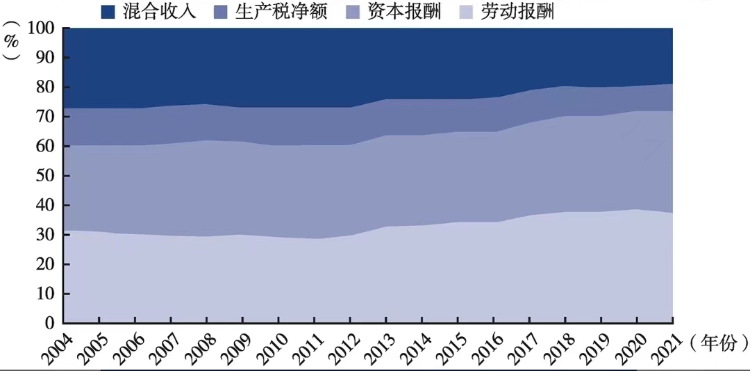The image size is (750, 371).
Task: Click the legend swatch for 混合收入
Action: point(108,12)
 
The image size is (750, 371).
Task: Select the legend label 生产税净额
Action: point(285,12)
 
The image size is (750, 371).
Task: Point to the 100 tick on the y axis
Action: point(41,28)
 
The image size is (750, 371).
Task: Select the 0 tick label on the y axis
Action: point(50,323)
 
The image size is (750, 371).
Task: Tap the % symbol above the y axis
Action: point(12,40)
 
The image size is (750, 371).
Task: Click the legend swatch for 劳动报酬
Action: point(467,12)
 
